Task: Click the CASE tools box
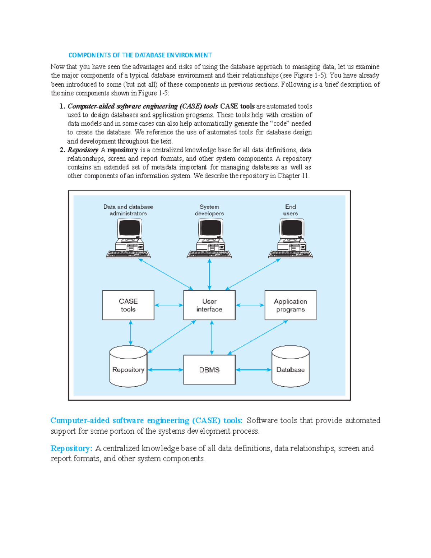point(128,305)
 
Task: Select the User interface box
point(209,305)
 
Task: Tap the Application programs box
point(291,305)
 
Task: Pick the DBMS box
point(209,370)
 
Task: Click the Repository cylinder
point(128,366)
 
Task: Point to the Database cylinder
point(291,366)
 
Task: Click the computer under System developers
point(209,239)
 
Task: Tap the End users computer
point(291,239)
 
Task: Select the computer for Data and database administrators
point(128,239)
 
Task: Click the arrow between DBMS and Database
point(254,370)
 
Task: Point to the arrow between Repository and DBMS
point(165,370)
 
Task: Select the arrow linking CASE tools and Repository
point(130,333)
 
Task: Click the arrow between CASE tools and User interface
point(169,305)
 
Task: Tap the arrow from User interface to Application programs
point(250,305)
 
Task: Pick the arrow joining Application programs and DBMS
point(258,337)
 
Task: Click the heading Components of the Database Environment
point(140,55)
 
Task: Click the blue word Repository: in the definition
point(71,448)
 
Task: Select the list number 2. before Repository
point(62,150)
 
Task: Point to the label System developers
point(209,210)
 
